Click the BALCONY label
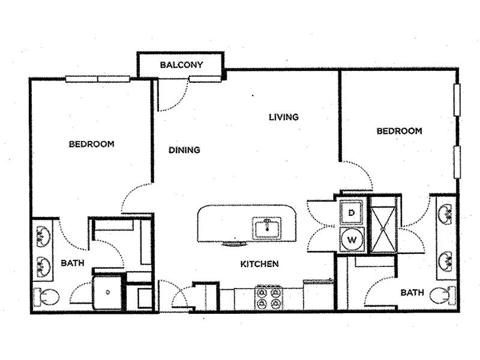point(181,65)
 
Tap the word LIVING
point(284,117)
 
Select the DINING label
point(184,150)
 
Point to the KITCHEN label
point(259,264)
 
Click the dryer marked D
point(352,212)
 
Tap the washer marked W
point(352,239)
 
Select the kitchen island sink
point(266,228)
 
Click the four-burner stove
point(268,296)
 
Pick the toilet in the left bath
point(47,296)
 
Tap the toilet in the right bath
point(443,295)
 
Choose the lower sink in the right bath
point(446,261)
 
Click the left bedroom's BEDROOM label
point(92,144)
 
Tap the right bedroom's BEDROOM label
point(399,131)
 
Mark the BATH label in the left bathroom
point(73,263)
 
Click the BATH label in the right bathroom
point(412,293)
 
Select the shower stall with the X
point(383,229)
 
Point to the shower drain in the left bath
point(108,292)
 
